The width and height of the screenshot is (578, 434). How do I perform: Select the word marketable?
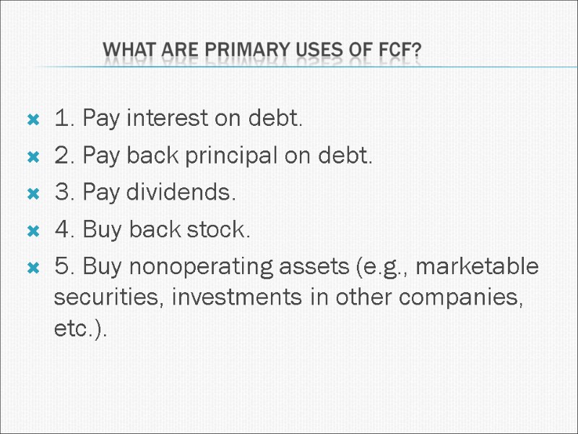tap(478, 268)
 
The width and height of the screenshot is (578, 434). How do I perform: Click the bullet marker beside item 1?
tap(32, 119)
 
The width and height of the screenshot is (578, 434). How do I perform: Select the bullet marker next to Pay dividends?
tap(32, 194)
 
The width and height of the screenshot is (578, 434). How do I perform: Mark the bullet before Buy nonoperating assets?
tap(32, 268)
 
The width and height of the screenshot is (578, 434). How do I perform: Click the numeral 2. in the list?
tap(65, 156)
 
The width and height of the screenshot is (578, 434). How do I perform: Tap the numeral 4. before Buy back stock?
tap(65, 231)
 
